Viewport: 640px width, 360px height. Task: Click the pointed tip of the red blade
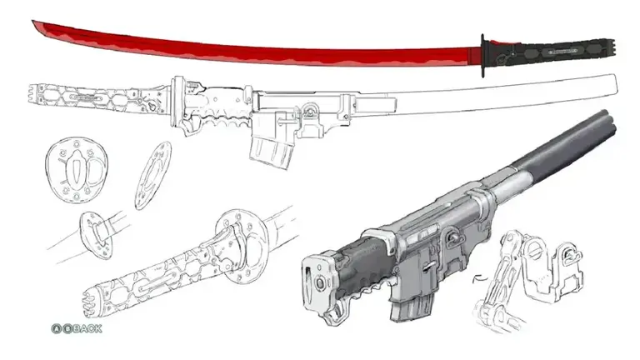pos(32,22)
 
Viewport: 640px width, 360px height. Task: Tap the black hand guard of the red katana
pos(482,56)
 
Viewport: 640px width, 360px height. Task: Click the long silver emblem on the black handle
pos(562,52)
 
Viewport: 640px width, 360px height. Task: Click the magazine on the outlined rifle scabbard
pos(272,152)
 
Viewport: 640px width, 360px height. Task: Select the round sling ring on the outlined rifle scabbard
pos(310,110)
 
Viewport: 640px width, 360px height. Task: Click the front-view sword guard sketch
pos(77,169)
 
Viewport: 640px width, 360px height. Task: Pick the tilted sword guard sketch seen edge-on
pos(153,175)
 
